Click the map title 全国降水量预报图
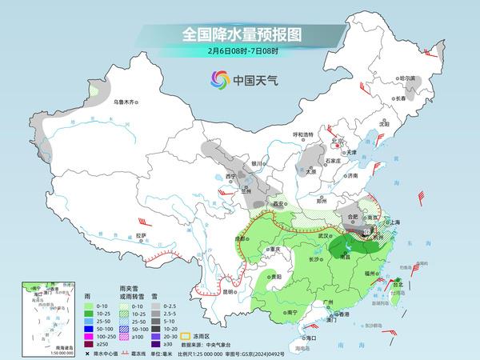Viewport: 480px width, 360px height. (239, 34)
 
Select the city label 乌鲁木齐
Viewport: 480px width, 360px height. (126, 102)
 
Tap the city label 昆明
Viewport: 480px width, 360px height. (229, 291)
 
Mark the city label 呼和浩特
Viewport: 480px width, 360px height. (302, 134)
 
